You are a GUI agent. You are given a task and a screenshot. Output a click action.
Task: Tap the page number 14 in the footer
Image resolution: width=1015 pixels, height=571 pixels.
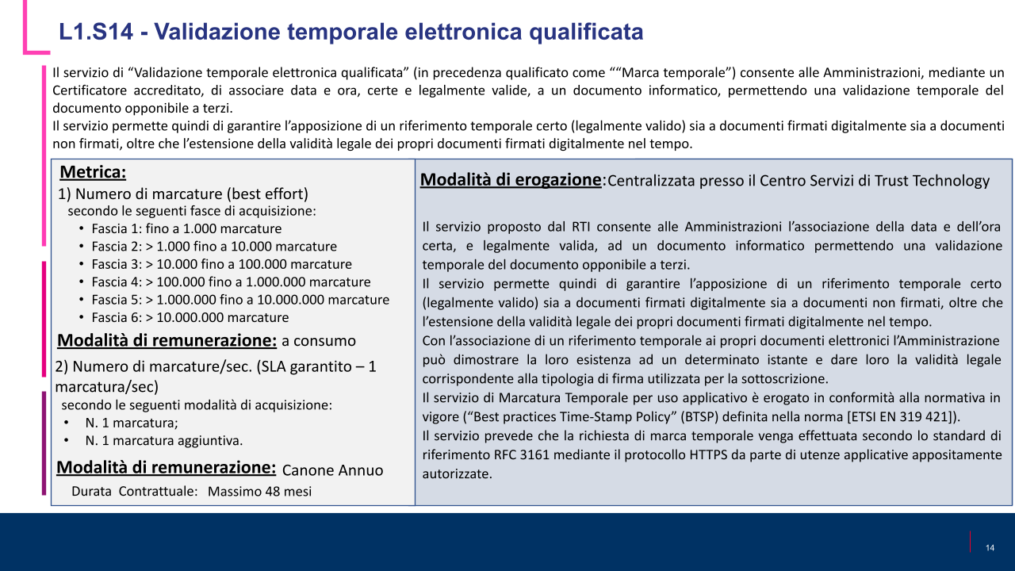990,548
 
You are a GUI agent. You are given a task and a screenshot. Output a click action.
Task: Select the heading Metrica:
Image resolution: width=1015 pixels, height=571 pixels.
93,172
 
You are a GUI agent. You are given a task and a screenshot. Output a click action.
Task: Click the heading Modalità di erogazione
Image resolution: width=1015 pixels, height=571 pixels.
511,180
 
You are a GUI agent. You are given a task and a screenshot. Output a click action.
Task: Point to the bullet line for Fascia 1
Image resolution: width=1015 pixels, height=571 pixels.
186,229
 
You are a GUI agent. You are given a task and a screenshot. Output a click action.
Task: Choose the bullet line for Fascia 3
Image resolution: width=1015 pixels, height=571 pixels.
221,264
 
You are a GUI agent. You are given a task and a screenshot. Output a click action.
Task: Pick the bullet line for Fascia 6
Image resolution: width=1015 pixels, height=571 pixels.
190,317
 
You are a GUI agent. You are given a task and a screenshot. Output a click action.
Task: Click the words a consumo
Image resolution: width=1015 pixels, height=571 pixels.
319,341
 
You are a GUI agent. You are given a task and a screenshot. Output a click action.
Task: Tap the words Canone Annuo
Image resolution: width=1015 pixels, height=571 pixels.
332,470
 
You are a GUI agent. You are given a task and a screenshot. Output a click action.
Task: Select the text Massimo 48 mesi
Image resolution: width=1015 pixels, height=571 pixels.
259,492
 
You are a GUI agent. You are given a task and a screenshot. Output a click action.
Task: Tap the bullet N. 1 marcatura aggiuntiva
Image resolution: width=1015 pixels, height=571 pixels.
163,440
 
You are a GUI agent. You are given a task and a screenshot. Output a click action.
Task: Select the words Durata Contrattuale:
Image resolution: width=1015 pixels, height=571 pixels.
134,492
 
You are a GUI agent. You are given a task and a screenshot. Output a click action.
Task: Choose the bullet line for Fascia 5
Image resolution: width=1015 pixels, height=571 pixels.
240,300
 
